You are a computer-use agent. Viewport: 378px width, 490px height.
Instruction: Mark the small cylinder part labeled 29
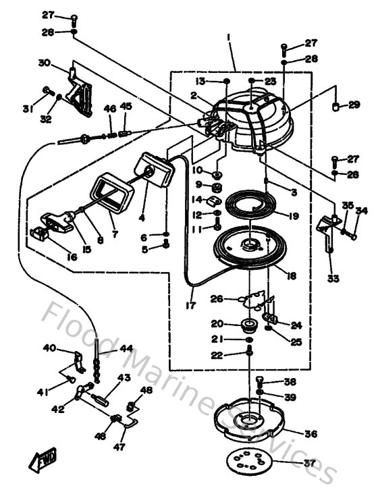click(x=335, y=107)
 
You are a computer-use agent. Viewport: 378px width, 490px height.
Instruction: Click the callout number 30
click(x=44, y=63)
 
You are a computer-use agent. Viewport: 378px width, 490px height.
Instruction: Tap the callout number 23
click(x=271, y=81)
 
